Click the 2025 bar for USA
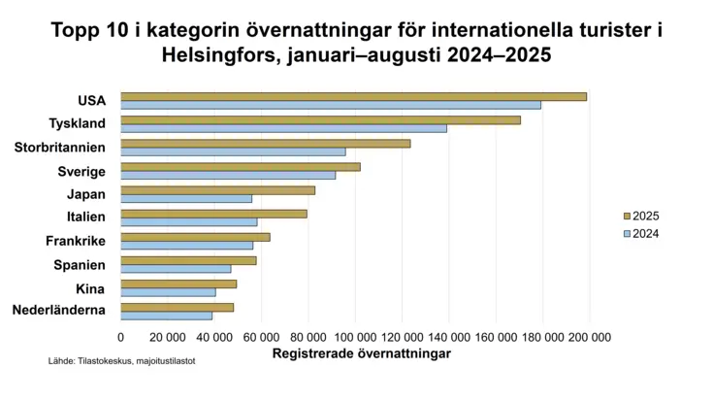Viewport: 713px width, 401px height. (x=354, y=96)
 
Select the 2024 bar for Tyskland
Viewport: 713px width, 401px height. (x=283, y=128)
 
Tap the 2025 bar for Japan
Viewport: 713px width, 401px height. (x=218, y=190)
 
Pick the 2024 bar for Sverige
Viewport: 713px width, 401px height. (x=228, y=175)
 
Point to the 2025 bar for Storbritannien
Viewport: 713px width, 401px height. (x=266, y=144)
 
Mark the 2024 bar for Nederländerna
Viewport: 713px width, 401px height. (x=167, y=316)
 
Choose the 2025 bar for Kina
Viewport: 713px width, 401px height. (x=178, y=284)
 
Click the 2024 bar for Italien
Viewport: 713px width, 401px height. (x=189, y=222)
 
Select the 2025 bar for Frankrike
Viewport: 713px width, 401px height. (x=196, y=237)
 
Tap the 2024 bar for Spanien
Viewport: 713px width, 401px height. (x=176, y=269)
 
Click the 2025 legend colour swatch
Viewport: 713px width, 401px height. (x=627, y=217)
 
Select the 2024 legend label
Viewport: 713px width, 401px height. (x=646, y=234)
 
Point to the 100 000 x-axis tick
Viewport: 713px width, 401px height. (x=355, y=338)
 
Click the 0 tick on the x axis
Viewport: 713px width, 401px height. (x=120, y=338)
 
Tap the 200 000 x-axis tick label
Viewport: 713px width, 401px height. (x=590, y=338)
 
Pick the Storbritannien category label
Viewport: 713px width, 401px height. (x=59, y=148)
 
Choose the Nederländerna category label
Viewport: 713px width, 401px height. (x=58, y=310)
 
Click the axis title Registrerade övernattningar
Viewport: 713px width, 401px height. (x=362, y=353)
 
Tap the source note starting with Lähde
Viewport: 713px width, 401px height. (x=122, y=361)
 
